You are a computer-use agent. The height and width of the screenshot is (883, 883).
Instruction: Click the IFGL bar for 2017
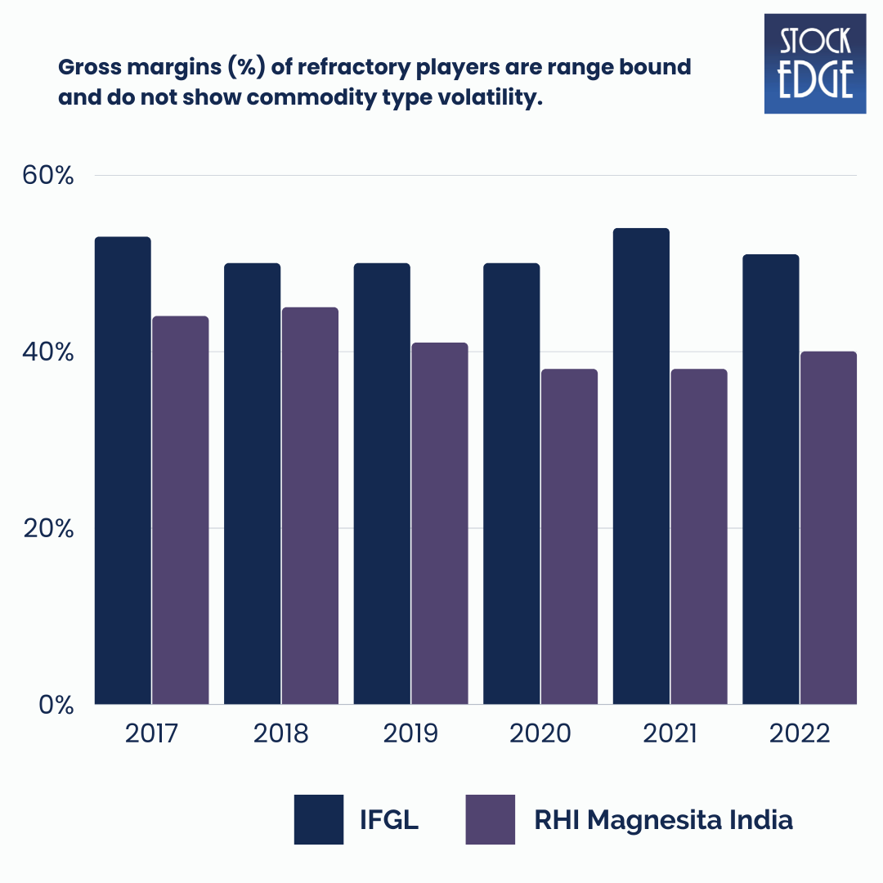tap(123, 470)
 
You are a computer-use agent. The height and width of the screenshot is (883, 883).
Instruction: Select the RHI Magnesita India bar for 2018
tap(310, 505)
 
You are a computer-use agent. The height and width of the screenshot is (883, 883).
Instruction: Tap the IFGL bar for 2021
tap(641, 466)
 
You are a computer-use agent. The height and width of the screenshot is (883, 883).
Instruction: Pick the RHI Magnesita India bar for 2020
tap(569, 536)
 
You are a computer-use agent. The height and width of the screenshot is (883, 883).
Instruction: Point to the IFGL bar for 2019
tap(382, 483)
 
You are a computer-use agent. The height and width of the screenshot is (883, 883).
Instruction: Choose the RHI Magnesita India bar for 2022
tap(828, 527)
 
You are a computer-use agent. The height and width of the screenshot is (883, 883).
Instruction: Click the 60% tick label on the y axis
tap(48, 176)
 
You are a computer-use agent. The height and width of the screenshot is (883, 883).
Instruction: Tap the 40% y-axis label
tap(48, 352)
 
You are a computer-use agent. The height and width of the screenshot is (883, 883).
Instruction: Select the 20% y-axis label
tap(48, 529)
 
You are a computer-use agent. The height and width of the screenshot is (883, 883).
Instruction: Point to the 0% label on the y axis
tap(56, 705)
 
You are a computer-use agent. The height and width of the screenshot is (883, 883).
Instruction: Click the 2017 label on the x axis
tap(151, 733)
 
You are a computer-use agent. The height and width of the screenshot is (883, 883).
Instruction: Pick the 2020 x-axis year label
tap(540, 733)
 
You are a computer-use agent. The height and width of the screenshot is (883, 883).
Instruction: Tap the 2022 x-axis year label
tap(800, 733)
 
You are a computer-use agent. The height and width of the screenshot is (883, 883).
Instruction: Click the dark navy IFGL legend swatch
tap(319, 819)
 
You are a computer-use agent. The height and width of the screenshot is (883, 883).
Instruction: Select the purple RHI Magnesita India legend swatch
tap(491, 819)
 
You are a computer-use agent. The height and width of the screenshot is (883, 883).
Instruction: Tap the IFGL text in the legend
tap(389, 820)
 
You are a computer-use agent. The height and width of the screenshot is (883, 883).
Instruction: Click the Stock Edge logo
tap(814, 63)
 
